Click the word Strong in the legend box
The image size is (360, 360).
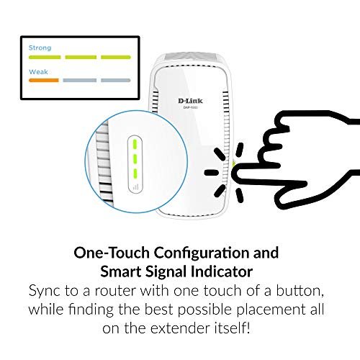(x=40, y=48)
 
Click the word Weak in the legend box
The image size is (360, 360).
(x=38, y=72)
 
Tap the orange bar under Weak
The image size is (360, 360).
(x=44, y=80)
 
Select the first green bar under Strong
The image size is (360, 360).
(x=45, y=57)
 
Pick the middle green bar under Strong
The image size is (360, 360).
(x=81, y=57)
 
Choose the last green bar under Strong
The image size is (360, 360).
(x=116, y=57)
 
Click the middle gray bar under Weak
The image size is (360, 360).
(x=80, y=80)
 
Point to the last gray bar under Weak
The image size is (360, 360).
(x=116, y=80)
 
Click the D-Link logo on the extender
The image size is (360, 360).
(x=190, y=101)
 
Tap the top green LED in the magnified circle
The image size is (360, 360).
(x=135, y=144)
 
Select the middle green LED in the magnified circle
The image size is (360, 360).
(x=135, y=159)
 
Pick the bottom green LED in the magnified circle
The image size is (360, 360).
(x=135, y=174)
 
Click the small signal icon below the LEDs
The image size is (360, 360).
(x=135, y=186)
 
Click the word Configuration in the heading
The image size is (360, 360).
(x=201, y=253)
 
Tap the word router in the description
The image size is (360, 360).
(x=114, y=291)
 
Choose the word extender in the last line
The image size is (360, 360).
(x=179, y=328)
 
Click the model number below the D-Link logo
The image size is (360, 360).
(x=190, y=107)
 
